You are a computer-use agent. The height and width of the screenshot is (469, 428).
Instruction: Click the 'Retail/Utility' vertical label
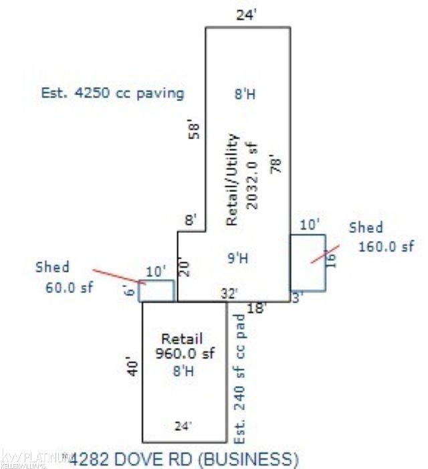tap(232, 179)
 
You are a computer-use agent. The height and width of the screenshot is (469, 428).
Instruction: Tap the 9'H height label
tap(243, 256)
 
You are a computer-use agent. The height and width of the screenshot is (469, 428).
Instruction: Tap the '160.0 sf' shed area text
tap(387, 246)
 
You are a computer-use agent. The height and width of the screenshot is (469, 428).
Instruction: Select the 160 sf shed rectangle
tap(308, 262)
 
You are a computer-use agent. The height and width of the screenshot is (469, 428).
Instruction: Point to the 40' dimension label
tap(134, 367)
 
